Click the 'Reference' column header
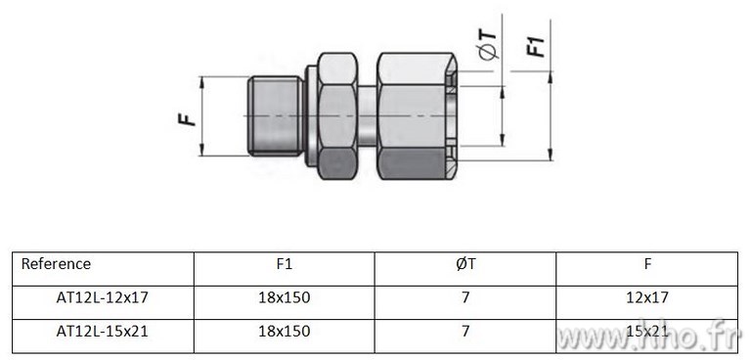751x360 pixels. click(x=56, y=264)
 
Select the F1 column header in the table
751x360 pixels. click(x=284, y=264)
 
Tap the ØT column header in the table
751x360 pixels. click(x=466, y=264)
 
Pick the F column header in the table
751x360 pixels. click(x=647, y=264)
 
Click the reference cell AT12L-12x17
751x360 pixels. click(x=103, y=297)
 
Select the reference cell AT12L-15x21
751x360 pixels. click(x=103, y=332)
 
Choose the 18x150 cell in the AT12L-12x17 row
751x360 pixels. click(x=285, y=297)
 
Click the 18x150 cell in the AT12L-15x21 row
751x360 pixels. click(x=285, y=332)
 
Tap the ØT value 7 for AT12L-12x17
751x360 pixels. click(x=466, y=297)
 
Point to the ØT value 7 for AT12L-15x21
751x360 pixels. click(x=466, y=332)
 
